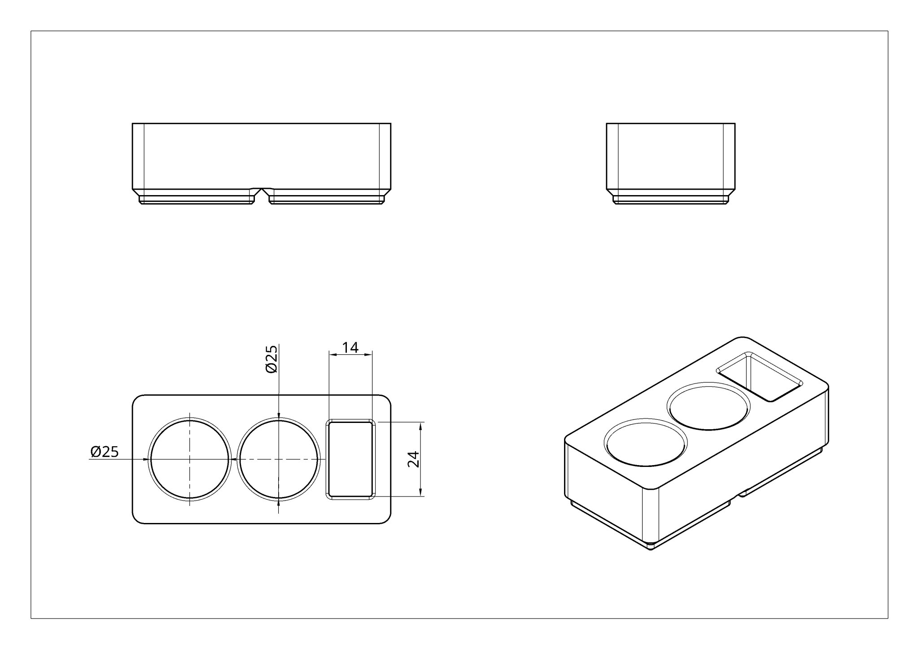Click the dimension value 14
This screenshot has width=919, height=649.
350,347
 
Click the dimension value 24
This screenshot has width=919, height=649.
414,459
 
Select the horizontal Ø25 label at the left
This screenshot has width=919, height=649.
105,452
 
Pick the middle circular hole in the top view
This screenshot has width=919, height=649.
279,459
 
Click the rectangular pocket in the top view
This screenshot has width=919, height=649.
350,459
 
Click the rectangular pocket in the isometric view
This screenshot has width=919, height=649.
759,376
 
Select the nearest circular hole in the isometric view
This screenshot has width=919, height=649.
646,444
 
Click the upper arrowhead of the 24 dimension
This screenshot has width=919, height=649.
420,426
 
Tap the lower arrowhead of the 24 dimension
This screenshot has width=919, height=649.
420,492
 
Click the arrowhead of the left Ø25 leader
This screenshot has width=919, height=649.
144,459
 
